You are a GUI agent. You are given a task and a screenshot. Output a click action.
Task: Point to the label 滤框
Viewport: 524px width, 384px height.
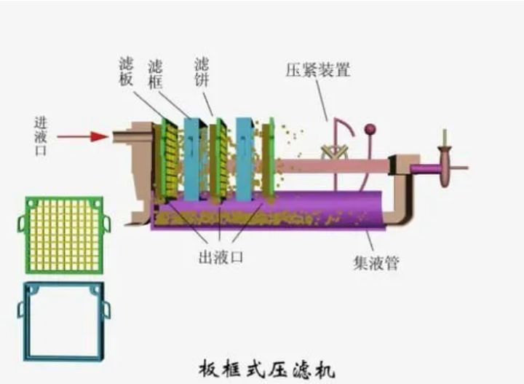155,71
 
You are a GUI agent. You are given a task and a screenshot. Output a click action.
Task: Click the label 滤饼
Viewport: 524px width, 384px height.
202,71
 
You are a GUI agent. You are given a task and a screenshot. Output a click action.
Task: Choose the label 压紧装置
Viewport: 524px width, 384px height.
317,70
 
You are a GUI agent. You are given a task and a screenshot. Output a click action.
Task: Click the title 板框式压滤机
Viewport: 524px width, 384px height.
267,369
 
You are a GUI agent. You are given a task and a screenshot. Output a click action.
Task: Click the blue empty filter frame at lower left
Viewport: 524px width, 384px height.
63,321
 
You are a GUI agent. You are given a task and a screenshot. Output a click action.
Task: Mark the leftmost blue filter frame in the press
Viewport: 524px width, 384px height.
191,159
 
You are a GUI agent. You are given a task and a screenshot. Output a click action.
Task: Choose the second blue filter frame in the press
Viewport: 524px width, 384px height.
244,159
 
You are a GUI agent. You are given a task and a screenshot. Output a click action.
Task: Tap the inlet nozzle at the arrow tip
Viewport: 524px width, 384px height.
120,136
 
